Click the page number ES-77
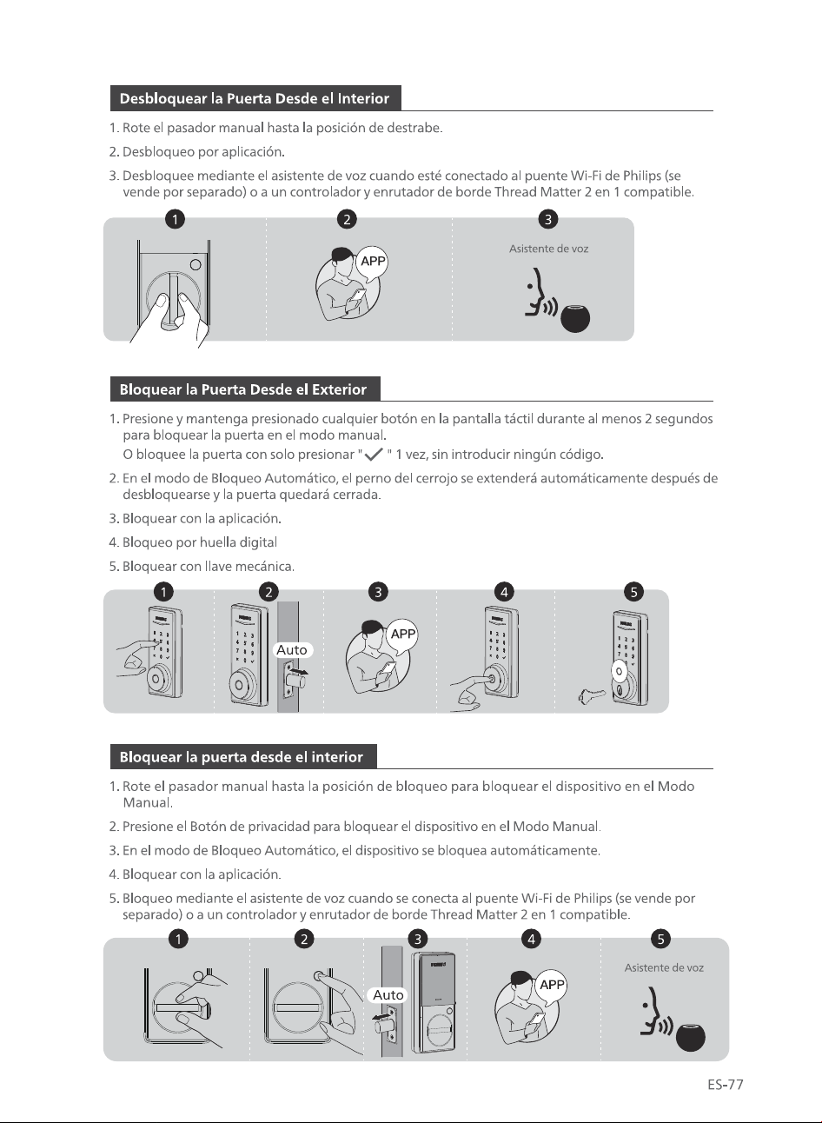(x=726, y=1085)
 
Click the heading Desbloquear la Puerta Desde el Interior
(x=254, y=98)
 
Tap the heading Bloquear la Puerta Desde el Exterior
(x=242, y=389)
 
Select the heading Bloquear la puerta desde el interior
(x=241, y=757)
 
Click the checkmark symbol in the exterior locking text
(x=374, y=455)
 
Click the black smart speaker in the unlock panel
(x=575, y=318)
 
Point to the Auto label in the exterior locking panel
(x=292, y=650)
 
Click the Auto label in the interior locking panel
(x=388, y=995)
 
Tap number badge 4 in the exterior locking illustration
(x=504, y=592)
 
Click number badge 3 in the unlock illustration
(x=547, y=219)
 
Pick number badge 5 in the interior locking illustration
(x=660, y=939)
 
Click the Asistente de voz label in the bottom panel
(x=664, y=968)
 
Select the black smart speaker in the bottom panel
(x=690, y=1037)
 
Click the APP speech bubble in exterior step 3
(x=402, y=635)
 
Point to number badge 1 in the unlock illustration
(x=175, y=219)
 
